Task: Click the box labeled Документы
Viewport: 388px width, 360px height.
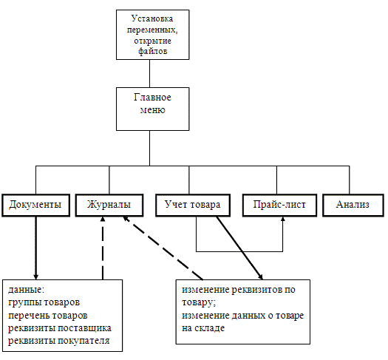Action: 36,206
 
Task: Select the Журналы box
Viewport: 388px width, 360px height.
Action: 109,206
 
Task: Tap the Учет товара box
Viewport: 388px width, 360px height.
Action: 193,206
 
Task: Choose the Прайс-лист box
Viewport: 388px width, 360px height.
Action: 279,206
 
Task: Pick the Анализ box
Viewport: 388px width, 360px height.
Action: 353,206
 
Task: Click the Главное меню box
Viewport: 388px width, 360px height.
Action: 153,109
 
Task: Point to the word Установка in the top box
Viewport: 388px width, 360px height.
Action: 152,18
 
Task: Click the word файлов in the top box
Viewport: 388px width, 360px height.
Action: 153,51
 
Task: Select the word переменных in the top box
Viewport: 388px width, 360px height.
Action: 152,30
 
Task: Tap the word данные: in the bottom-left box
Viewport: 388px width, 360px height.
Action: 26,290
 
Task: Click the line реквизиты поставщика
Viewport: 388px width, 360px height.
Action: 60,328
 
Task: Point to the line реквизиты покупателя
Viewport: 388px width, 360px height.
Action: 58,341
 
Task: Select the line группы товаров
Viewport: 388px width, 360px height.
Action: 44,302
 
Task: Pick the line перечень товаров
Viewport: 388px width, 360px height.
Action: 48,316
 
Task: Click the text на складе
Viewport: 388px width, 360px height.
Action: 203,328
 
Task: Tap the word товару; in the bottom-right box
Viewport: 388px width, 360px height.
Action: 199,302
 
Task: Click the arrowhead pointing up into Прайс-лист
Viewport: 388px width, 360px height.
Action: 283,219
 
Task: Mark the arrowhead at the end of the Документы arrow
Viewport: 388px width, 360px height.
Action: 36,276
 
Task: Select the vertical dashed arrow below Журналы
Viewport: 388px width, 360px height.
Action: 103,248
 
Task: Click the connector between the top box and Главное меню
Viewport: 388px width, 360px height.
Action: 149,73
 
